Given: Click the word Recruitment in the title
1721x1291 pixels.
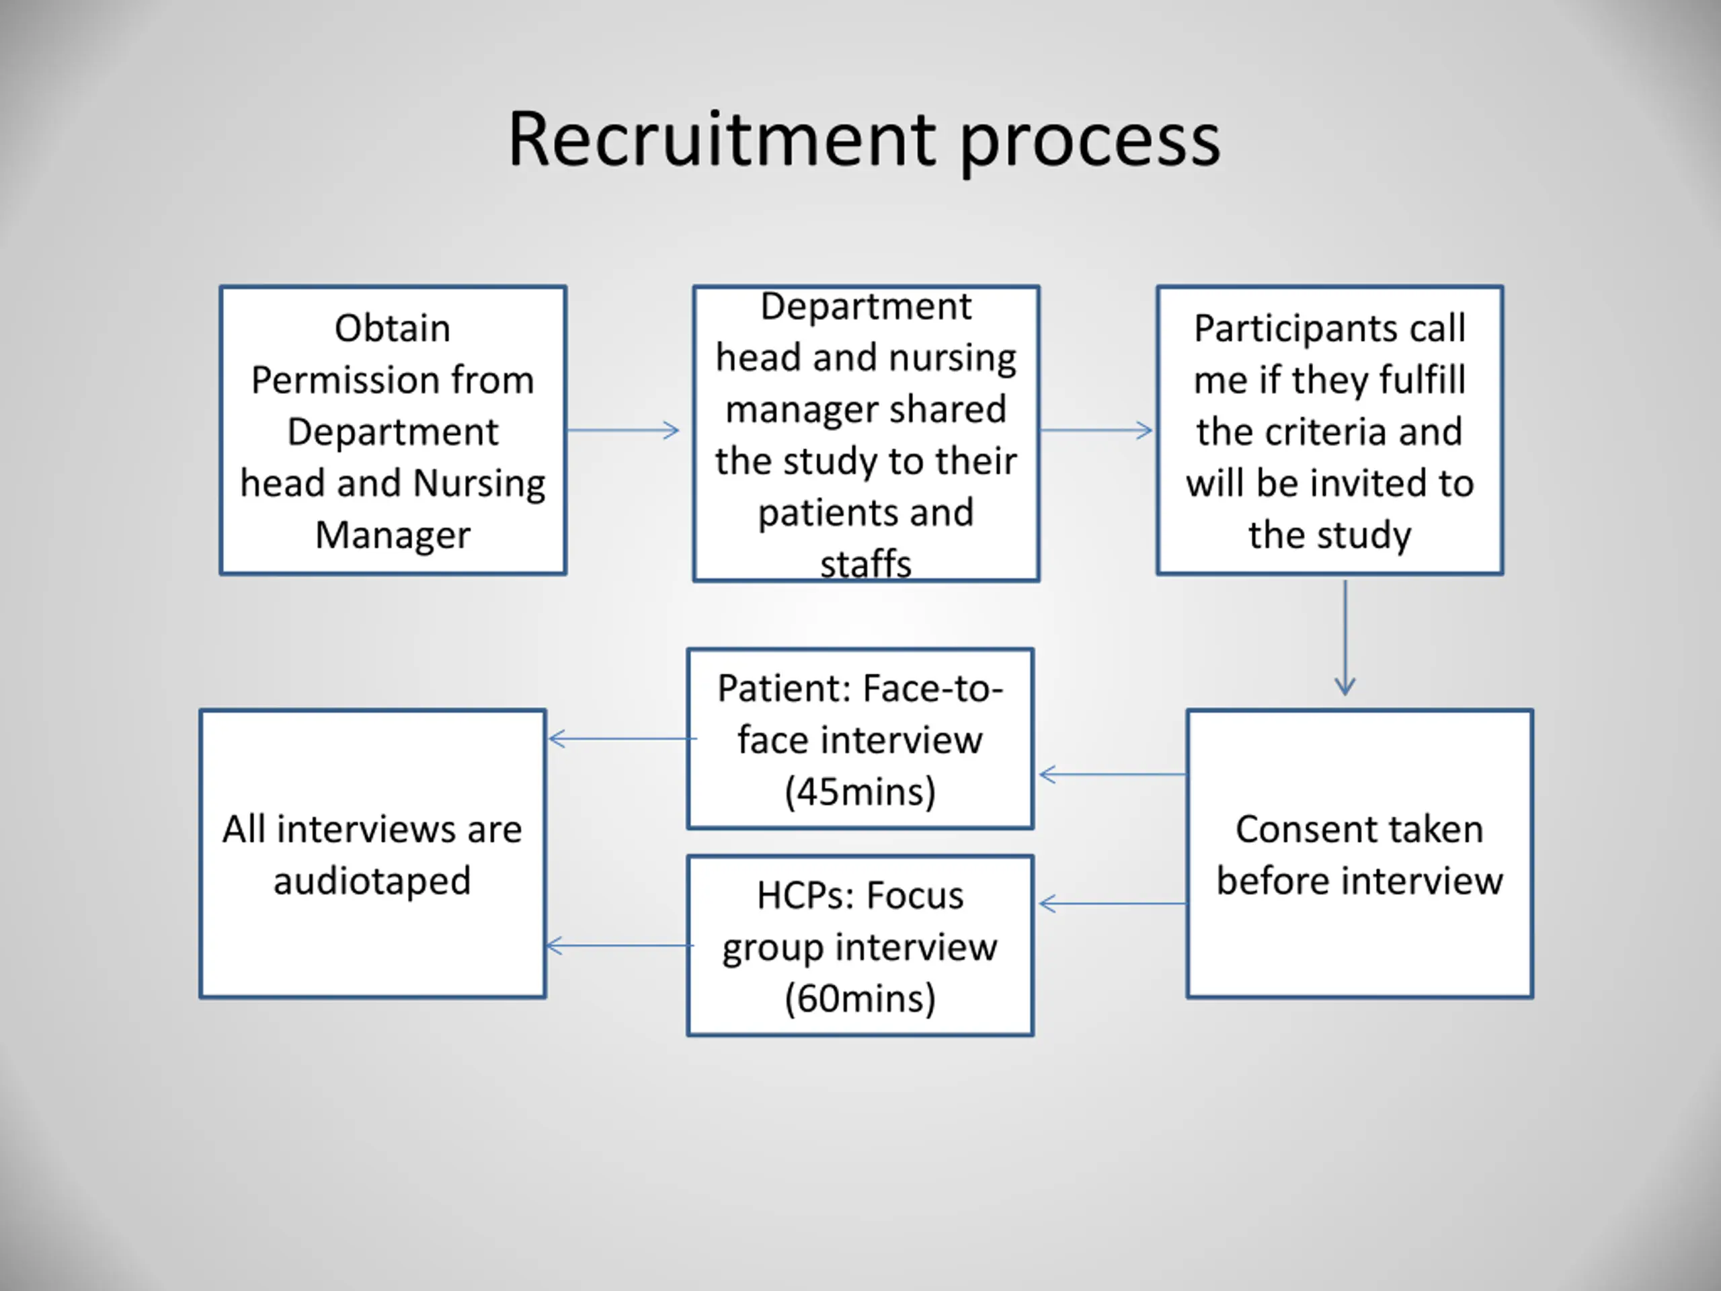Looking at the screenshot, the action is [x=722, y=139].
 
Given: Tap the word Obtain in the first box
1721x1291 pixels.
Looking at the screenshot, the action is [x=392, y=327].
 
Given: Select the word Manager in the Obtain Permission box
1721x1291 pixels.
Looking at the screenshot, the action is [x=393, y=535].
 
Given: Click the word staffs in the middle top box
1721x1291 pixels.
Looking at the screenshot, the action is [x=865, y=563].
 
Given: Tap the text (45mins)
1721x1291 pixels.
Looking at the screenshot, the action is [x=860, y=791].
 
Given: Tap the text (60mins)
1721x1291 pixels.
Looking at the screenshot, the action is [x=860, y=999].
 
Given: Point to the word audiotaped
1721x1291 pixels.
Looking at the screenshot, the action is [x=372, y=882].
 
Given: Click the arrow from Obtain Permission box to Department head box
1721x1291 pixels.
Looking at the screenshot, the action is [x=623, y=430].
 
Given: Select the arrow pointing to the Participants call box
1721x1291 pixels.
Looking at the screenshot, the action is [x=1096, y=430].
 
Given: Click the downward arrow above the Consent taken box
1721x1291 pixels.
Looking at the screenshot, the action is [x=1345, y=637].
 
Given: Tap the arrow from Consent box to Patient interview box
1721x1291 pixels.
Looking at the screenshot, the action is [x=1113, y=775].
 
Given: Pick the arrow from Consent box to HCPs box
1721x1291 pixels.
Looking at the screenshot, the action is [x=1113, y=904].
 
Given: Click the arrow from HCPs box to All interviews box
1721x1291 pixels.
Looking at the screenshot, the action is [x=620, y=945].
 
